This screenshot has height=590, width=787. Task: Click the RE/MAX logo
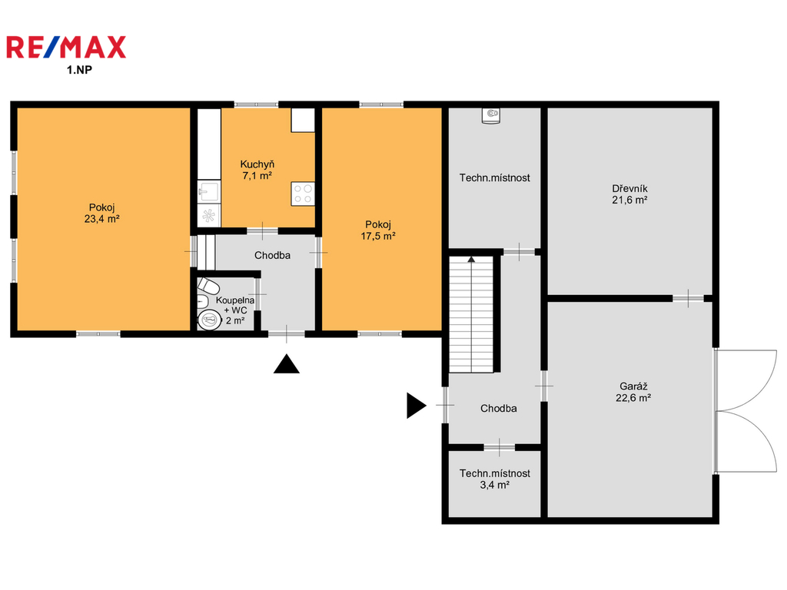pyautogui.click(x=66, y=47)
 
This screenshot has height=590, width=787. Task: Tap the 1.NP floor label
pyautogui.click(x=79, y=70)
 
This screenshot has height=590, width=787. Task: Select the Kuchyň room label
pyautogui.click(x=257, y=164)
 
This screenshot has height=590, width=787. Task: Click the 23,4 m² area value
pyautogui.click(x=102, y=219)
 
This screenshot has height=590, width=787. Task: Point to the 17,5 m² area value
pyautogui.click(x=378, y=236)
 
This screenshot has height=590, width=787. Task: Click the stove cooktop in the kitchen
pyautogui.click(x=303, y=194)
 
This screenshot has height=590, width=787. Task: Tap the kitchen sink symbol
pyautogui.click(x=209, y=191)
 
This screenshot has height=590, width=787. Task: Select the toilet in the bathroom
pyautogui.click(x=208, y=286)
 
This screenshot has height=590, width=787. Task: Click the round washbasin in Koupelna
pyautogui.click(x=209, y=320)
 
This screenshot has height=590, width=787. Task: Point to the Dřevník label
pyautogui.click(x=629, y=189)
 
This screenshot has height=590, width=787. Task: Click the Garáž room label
pyautogui.click(x=633, y=386)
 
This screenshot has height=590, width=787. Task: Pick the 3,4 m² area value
pyautogui.click(x=494, y=485)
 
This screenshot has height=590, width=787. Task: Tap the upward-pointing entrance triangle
pyautogui.click(x=287, y=363)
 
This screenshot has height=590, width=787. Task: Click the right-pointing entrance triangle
pyautogui.click(x=416, y=406)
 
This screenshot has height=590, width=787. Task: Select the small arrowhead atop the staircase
pyautogui.click(x=471, y=260)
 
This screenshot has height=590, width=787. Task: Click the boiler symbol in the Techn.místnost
pyautogui.click(x=491, y=116)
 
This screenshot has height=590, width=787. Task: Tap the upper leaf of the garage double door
pyautogui.click(x=745, y=380)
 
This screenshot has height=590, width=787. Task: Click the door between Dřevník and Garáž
pyautogui.click(x=688, y=299)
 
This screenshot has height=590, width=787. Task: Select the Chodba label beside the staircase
pyautogui.click(x=498, y=409)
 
